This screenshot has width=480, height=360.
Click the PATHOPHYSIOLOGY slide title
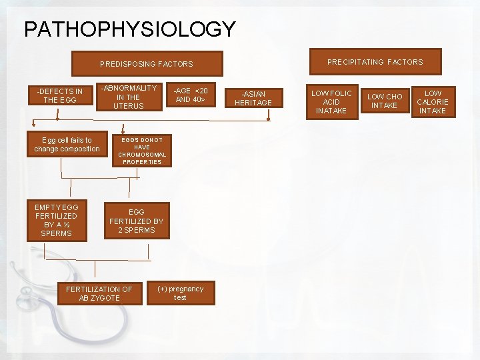(129, 29)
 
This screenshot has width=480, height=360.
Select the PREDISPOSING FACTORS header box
(146, 64)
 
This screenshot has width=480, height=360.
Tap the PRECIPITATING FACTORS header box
(375, 62)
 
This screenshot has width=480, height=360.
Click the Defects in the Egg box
(60, 95)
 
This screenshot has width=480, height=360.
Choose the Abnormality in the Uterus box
(129, 97)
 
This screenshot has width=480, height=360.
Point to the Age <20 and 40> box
(192, 95)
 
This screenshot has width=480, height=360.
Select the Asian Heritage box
(257, 98)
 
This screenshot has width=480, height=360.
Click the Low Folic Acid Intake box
(331, 101)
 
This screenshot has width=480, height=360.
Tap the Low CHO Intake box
(385, 101)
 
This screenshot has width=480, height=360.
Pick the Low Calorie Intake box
(433, 102)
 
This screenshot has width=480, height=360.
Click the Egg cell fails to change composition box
(67, 144)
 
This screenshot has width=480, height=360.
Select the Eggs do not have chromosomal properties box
(142, 151)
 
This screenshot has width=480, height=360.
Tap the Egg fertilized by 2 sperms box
(136, 221)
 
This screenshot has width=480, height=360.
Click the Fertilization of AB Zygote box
(99, 293)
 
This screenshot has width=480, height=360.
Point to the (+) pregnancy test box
(180, 293)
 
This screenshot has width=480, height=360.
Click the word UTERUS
(129, 106)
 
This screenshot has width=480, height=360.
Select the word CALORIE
(433, 102)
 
